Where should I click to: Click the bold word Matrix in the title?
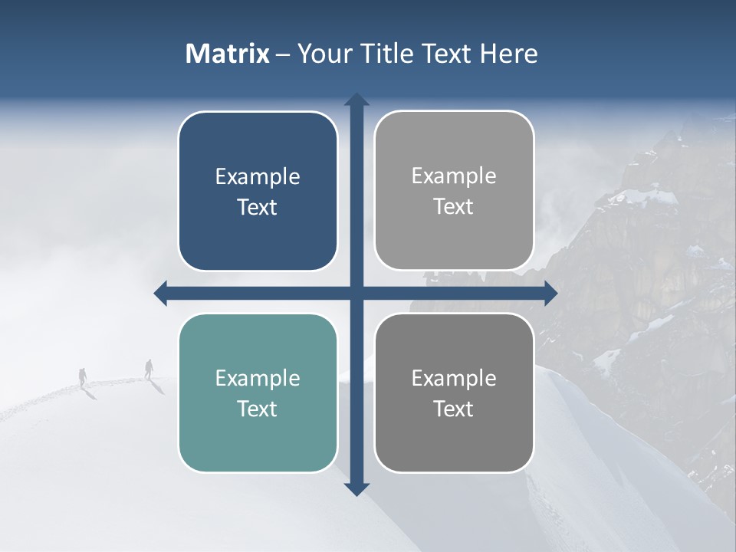coord(228,54)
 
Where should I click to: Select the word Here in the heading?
coord(508,54)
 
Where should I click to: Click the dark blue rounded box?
coord(258,191)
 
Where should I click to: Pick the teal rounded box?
coord(258,393)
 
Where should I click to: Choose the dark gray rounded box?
coord(454,393)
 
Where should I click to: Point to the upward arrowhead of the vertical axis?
coord(356,100)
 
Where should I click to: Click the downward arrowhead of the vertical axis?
coord(356,489)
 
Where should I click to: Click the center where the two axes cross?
coord(356,293)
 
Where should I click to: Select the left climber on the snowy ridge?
coord(83,376)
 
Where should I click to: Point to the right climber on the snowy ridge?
coord(149,369)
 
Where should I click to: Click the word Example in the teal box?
coord(258,378)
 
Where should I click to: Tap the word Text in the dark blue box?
coord(258,207)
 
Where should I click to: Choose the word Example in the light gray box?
coord(454,176)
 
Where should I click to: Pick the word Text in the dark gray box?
coord(454,409)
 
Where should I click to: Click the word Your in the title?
coord(322,54)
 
